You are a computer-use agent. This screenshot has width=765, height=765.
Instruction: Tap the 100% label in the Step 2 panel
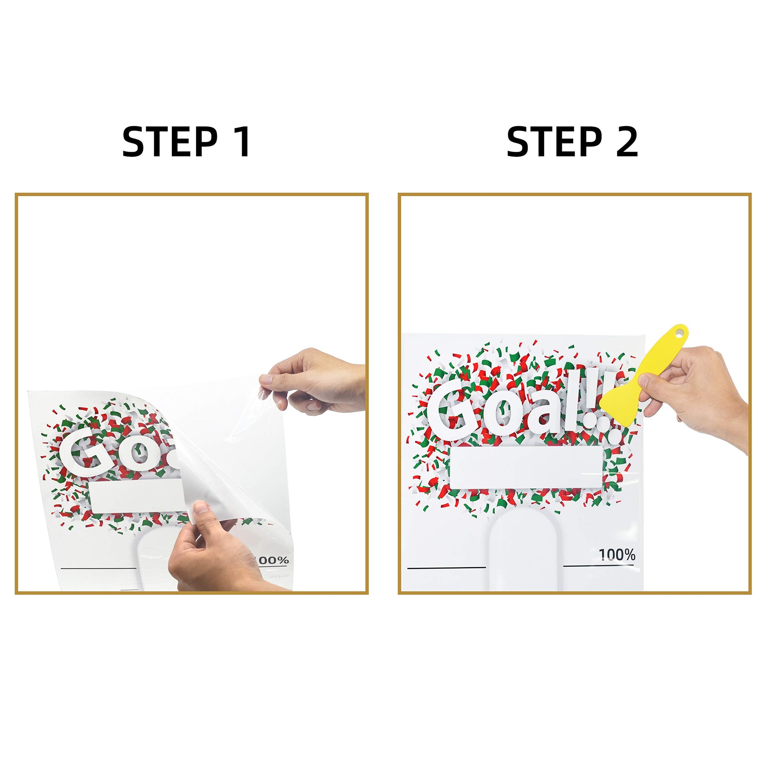(x=617, y=555)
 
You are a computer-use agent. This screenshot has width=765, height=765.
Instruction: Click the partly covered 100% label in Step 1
(x=273, y=560)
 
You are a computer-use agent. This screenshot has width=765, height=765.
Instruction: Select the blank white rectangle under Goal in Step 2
(x=526, y=468)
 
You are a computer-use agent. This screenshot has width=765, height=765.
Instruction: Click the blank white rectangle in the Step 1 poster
(x=137, y=498)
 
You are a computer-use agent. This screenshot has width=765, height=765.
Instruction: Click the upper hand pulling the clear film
(x=313, y=380)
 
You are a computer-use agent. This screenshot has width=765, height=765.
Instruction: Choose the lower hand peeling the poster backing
(x=214, y=550)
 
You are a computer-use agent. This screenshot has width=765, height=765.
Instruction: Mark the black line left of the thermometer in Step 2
(x=447, y=568)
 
